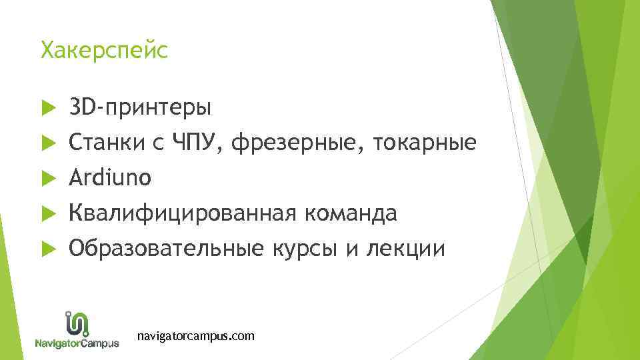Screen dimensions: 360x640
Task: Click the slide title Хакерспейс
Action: tap(105, 50)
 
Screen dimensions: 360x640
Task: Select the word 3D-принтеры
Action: tap(141, 107)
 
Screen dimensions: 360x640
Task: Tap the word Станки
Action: tap(109, 142)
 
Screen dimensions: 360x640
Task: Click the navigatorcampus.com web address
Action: tap(195, 336)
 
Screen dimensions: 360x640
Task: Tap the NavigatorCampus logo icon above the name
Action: tap(77, 323)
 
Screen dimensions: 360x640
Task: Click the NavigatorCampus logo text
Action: tap(77, 343)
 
